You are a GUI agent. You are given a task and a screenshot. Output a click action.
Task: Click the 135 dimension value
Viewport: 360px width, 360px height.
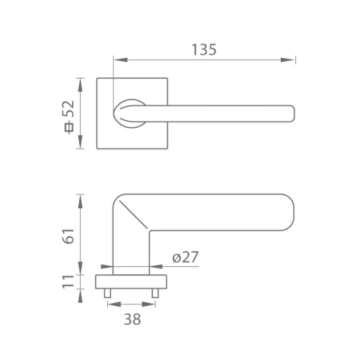tap(204, 49)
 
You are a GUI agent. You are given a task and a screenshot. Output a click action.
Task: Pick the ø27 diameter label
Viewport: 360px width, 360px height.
tap(185, 258)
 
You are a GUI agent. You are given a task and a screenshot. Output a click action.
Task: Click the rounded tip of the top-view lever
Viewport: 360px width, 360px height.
tap(291, 113)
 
